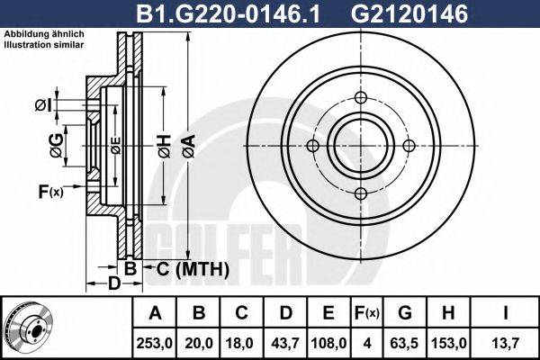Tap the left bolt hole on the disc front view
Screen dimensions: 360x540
pos(313,146)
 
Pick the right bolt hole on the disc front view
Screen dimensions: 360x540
pos(409,146)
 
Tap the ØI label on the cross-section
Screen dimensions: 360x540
pos(42,106)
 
